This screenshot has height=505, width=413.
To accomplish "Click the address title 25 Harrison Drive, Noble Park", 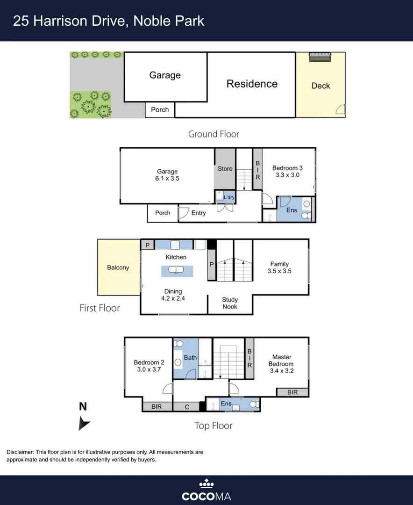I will (108, 21).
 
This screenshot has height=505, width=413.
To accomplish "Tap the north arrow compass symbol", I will (84, 423).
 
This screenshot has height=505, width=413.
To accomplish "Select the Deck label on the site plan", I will (320, 86).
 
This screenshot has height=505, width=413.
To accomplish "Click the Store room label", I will (225, 168).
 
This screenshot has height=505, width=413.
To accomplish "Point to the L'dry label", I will (228, 197).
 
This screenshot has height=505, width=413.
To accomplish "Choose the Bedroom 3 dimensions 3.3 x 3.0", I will (287, 175).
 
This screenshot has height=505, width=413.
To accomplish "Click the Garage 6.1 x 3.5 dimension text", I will (167, 178).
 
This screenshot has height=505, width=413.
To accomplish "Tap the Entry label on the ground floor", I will (199, 213).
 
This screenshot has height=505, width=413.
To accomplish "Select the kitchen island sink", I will (177, 270).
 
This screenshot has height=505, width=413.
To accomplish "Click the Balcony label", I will (118, 267).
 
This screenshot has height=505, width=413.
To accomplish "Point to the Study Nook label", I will (229, 303).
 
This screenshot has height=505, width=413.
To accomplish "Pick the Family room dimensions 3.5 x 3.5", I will (279, 271).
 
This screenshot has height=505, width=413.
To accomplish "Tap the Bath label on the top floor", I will (190, 358).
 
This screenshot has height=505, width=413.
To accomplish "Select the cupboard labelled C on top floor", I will (187, 407).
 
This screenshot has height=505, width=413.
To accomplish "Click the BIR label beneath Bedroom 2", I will (157, 407).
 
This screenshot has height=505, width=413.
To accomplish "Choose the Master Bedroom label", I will (281, 361).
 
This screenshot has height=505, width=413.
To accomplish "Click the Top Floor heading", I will (213, 425).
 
